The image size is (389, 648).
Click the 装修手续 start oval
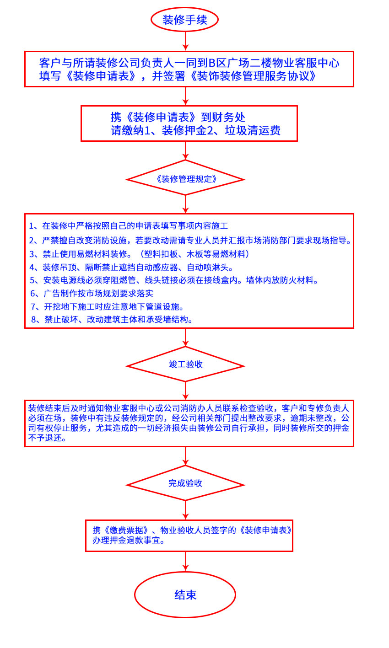(184, 20)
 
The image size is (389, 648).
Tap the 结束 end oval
(185, 594)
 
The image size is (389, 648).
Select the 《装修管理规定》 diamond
(185, 179)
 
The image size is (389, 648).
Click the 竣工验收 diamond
(185, 364)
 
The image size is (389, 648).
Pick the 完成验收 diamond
(185, 483)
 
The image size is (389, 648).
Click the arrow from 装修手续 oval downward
(185, 41)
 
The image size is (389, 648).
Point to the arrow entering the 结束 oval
(185, 561)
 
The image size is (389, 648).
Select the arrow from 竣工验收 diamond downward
(185, 391)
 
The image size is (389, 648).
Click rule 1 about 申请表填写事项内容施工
(129, 226)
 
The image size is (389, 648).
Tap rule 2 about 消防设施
(190, 241)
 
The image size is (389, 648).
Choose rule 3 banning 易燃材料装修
(139, 254)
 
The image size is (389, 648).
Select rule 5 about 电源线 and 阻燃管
(173, 280)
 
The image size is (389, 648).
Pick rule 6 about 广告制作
(92, 294)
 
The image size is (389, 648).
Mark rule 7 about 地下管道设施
(108, 307)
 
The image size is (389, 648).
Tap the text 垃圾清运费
(253, 131)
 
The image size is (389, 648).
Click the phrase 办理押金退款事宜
(129, 540)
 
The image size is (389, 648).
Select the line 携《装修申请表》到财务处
(178, 117)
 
